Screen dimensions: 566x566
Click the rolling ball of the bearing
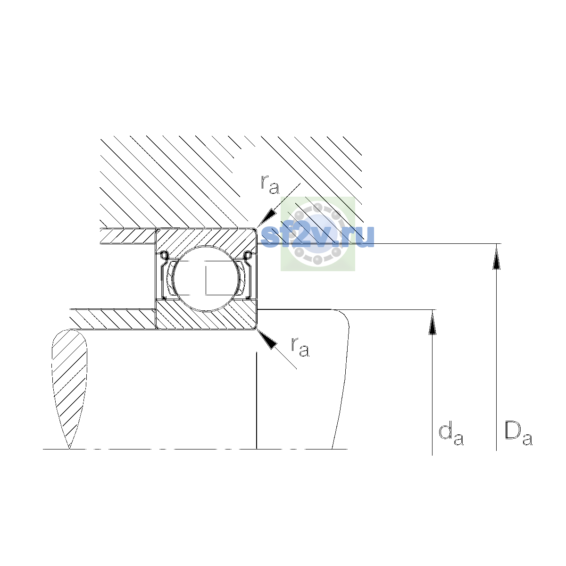(x=206, y=278)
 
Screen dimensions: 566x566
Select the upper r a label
(x=270, y=184)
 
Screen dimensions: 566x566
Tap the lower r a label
(x=300, y=347)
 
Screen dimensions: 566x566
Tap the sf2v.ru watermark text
(x=317, y=237)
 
